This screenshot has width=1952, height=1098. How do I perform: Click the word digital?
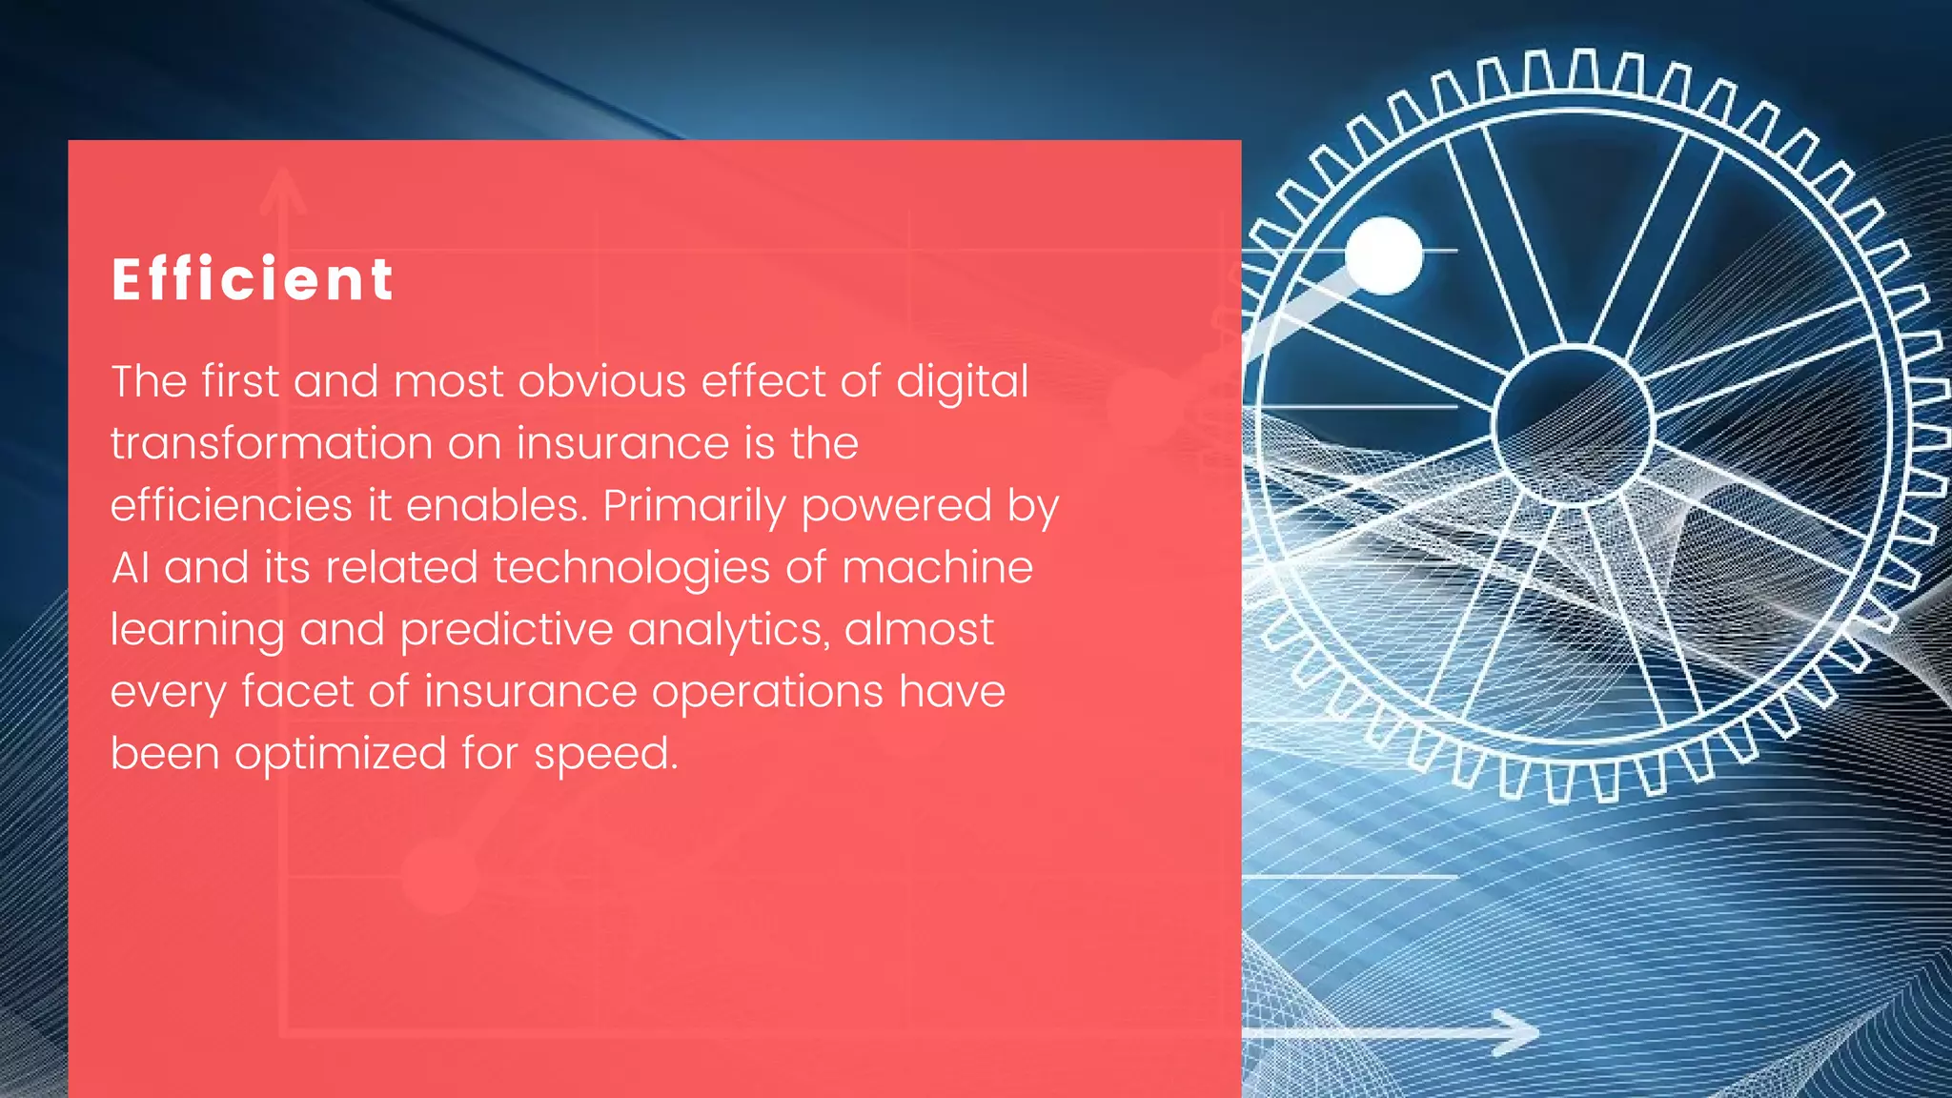click(962, 382)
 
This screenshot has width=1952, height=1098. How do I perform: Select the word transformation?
click(272, 443)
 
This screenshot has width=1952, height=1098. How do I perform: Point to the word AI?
click(130, 568)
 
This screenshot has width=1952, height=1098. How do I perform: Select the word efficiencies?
click(231, 506)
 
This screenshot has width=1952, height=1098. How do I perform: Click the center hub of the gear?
click(1573, 425)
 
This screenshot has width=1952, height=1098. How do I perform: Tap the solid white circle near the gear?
click(1384, 255)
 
